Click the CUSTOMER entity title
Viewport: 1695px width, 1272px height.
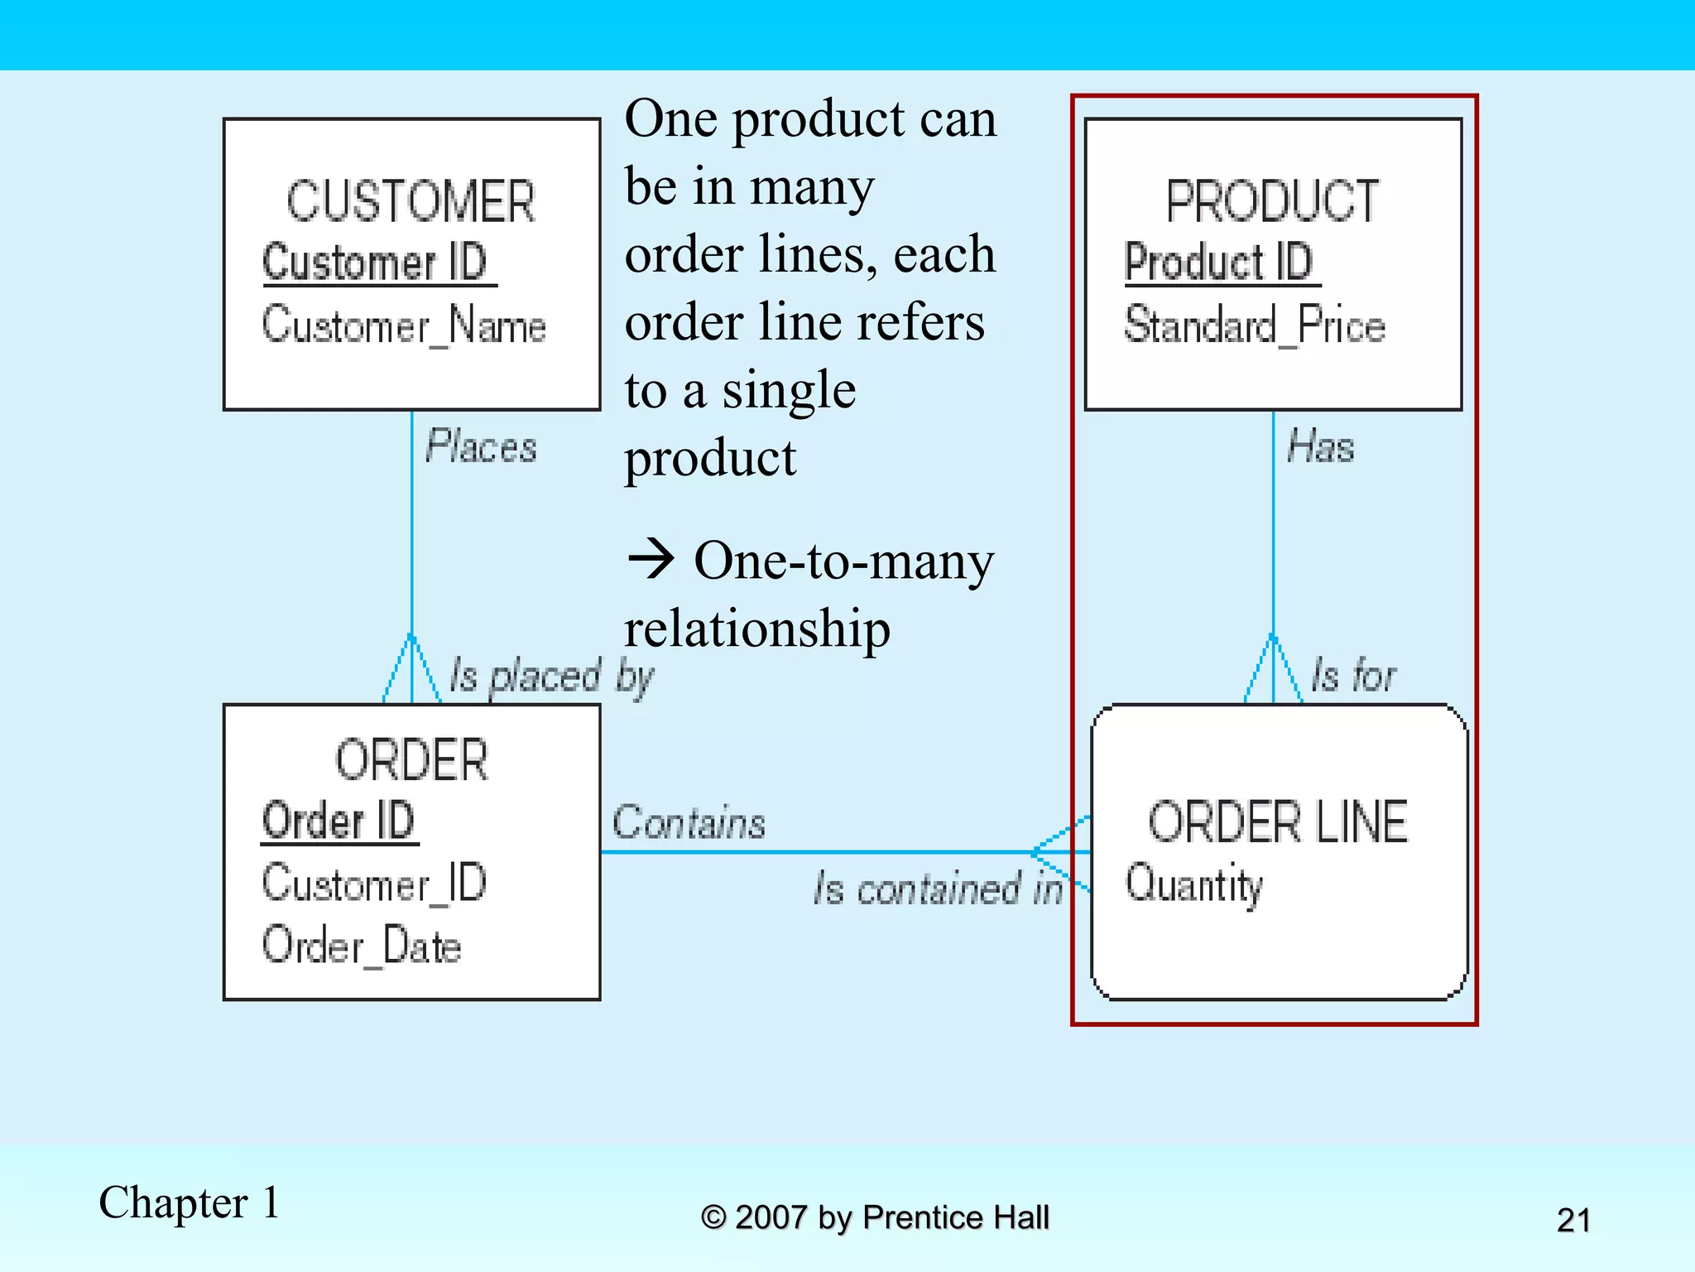pyautogui.click(x=411, y=201)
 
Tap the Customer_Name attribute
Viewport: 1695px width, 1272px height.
pyautogui.click(x=404, y=325)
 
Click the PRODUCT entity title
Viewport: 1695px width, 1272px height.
pyautogui.click(x=1272, y=201)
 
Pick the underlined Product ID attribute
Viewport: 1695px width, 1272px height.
pyautogui.click(x=1219, y=263)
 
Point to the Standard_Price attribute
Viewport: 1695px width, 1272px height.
pyautogui.click(x=1254, y=325)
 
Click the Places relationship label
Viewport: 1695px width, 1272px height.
pyautogui.click(x=481, y=447)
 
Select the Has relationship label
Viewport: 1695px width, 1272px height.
pyautogui.click(x=1321, y=447)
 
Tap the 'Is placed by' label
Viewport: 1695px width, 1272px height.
pyautogui.click(x=551, y=677)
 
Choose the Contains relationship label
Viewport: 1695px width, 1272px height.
pyautogui.click(x=689, y=823)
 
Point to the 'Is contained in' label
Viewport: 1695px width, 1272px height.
pyautogui.click(x=938, y=889)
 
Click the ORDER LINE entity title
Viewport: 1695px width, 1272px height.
pyautogui.click(x=1277, y=822)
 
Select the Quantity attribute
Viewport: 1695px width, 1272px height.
pyautogui.click(x=1193, y=884)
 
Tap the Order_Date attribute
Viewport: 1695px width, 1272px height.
pyautogui.click(x=362, y=946)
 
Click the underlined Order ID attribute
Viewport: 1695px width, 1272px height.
pyautogui.click(x=339, y=821)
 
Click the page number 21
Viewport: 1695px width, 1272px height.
pyautogui.click(x=1573, y=1220)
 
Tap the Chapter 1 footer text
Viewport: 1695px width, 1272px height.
pyautogui.click(x=189, y=1202)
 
